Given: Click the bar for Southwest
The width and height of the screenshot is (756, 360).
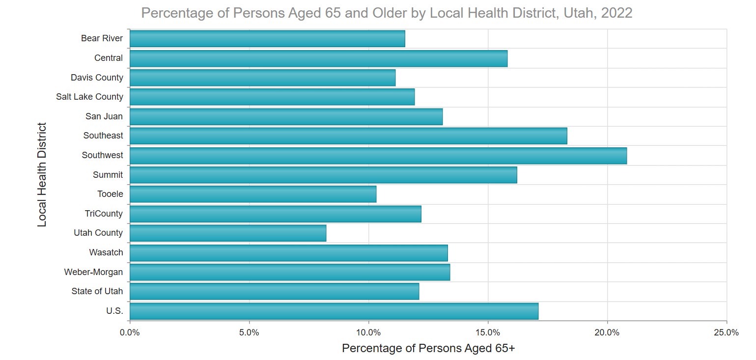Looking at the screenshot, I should [x=378, y=156].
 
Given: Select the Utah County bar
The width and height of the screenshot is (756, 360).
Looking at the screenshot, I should [x=228, y=233].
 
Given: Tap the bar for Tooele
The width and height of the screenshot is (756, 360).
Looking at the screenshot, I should [x=253, y=194].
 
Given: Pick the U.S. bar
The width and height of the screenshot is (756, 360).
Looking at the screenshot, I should [x=334, y=311].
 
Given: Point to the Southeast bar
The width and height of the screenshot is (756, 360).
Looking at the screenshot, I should [x=348, y=136].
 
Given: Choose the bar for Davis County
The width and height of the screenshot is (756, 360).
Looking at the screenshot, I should [x=262, y=78].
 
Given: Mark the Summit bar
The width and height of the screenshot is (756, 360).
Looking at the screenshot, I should [x=323, y=175].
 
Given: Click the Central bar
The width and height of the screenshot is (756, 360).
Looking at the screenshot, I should [x=318, y=58].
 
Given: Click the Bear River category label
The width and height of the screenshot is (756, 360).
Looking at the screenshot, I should [x=102, y=38].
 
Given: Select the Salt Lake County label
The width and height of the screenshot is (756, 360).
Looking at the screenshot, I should [x=89, y=97].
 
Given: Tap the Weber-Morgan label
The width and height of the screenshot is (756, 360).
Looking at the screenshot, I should [x=93, y=272].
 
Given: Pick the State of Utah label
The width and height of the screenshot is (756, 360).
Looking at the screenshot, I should [x=97, y=291].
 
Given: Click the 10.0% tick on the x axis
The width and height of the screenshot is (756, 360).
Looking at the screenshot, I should [x=368, y=332].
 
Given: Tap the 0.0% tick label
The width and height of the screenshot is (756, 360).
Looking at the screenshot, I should [x=130, y=332].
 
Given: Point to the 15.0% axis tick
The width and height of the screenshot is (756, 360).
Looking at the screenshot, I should [x=488, y=332].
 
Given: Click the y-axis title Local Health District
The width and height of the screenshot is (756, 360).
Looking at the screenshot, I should [x=42, y=175].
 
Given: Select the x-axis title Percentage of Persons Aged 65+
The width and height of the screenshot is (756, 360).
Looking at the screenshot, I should [x=428, y=349].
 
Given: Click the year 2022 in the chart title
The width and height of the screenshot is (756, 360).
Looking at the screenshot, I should [x=617, y=13].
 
